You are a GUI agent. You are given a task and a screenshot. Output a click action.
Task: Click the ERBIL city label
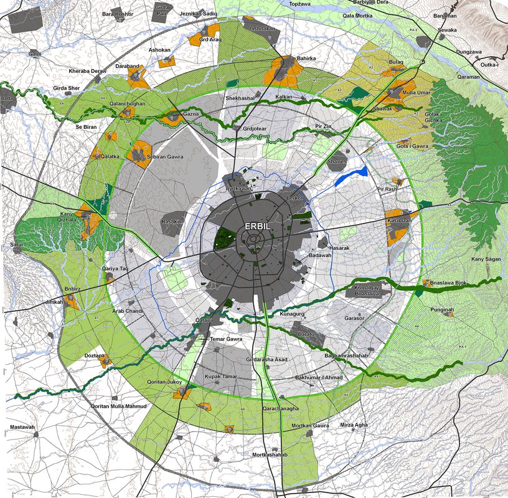(x=257, y=227)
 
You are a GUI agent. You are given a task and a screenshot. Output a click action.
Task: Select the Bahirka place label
(x=306, y=59)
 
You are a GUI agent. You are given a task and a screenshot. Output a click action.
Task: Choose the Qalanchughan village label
(x=127, y=104)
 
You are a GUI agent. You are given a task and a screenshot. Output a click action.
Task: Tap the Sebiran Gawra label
(x=165, y=157)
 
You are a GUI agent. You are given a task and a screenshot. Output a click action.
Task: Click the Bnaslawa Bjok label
(x=444, y=283)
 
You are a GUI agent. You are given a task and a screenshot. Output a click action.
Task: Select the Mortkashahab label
(x=270, y=455)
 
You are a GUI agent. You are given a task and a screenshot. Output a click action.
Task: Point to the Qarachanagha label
(x=280, y=409)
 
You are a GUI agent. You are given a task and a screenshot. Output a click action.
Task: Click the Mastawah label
(x=22, y=427)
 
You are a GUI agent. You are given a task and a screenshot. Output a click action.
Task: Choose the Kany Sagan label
(x=486, y=258)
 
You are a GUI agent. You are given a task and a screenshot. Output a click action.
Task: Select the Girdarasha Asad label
(x=266, y=360)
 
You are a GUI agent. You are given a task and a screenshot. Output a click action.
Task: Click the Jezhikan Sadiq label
(x=198, y=13)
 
